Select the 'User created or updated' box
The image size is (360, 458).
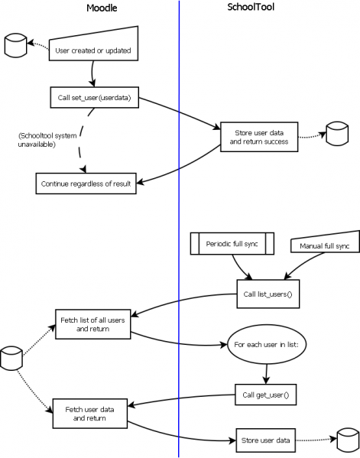[x=93, y=50]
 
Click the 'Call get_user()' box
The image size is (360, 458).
[x=264, y=395]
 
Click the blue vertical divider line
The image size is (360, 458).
[x=179, y=229]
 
